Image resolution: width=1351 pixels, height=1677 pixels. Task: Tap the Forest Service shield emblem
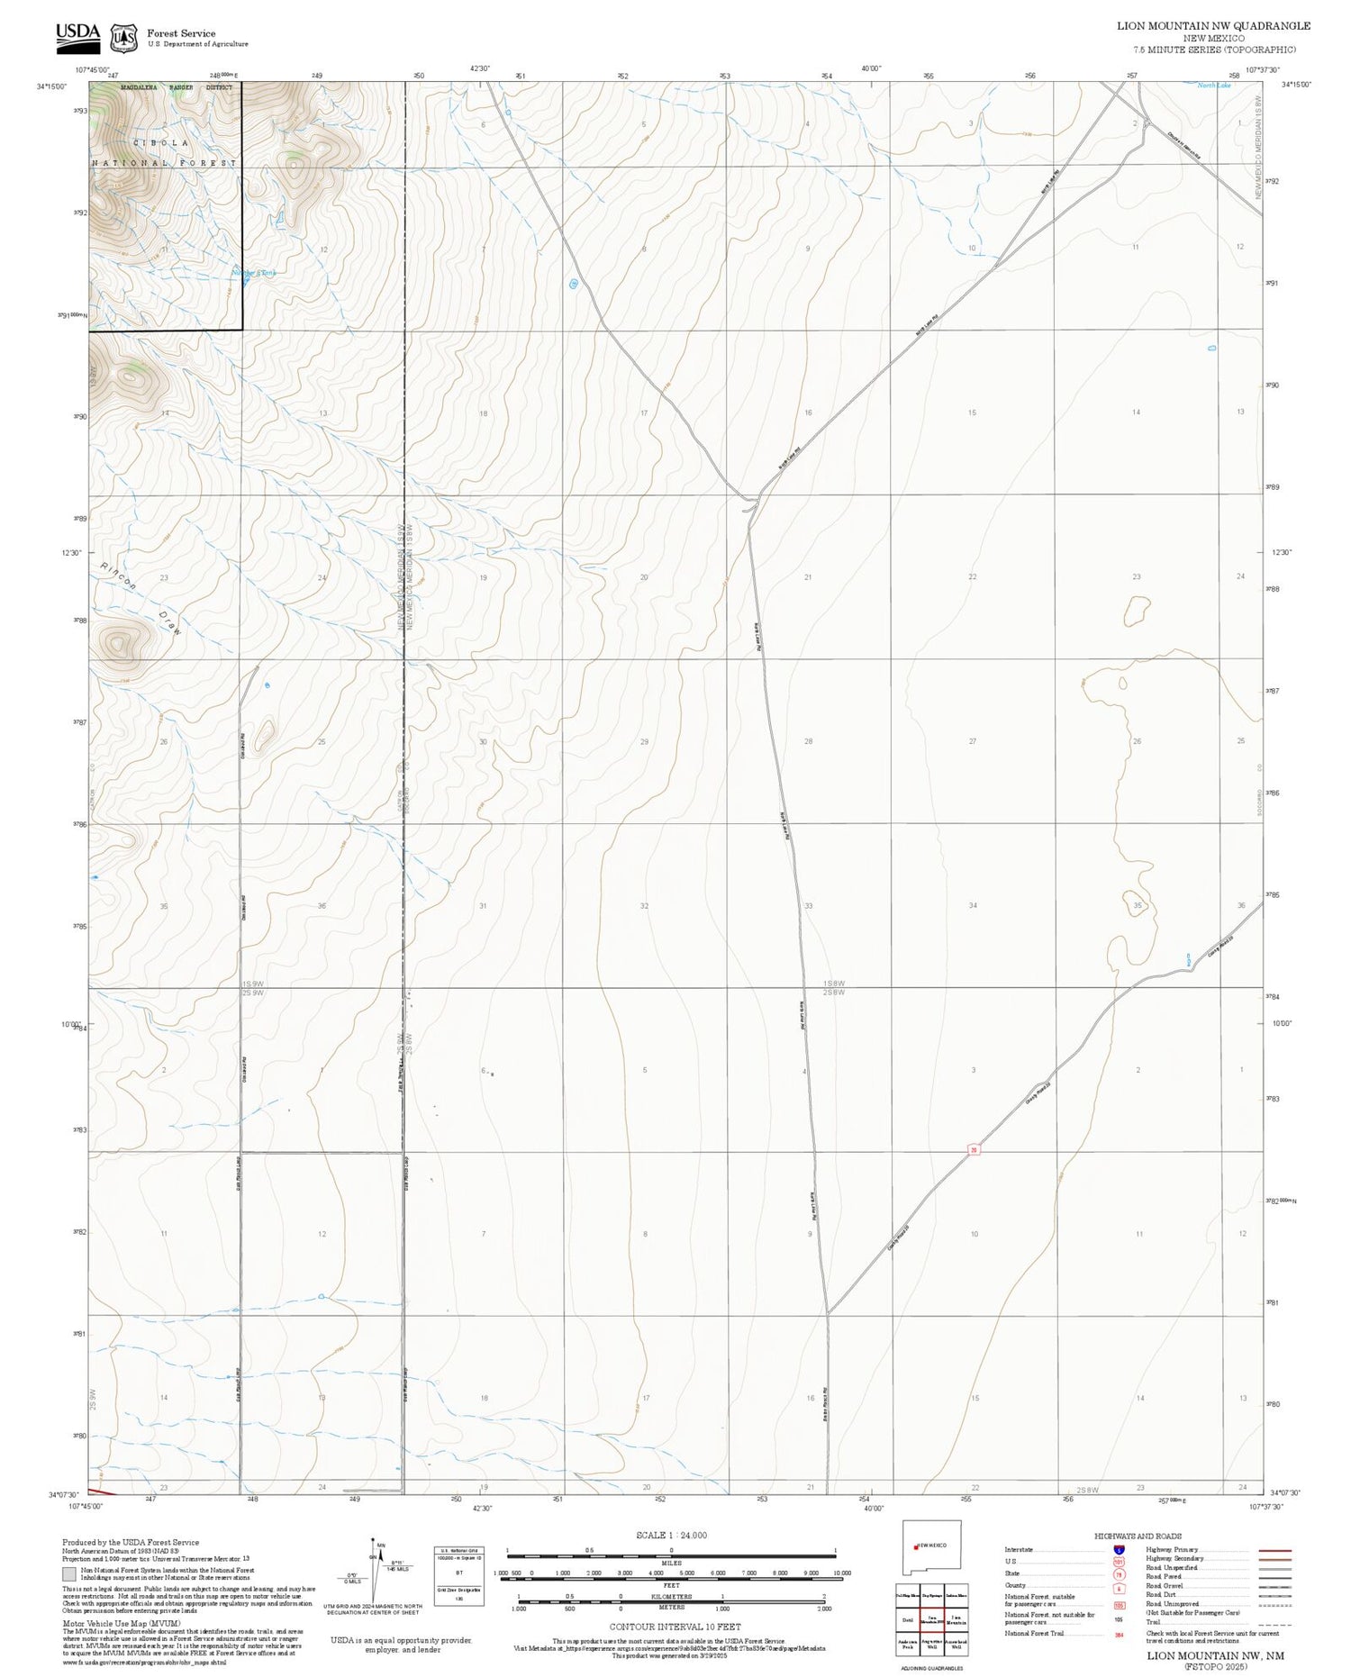123,38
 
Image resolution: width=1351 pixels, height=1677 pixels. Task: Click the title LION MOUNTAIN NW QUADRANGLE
1213,25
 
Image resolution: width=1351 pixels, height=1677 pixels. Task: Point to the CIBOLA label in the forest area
161,143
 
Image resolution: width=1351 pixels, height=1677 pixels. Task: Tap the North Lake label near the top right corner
1213,86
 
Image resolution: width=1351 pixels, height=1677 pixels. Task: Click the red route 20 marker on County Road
974,1149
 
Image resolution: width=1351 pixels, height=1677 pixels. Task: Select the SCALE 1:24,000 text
671,1535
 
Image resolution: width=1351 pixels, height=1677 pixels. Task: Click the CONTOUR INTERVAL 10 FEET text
675,1627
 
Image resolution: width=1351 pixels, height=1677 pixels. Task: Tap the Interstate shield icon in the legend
1119,1550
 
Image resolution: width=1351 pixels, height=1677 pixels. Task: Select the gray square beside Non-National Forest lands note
69,1574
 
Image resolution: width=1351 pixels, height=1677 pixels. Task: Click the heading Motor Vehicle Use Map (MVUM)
121,1622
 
